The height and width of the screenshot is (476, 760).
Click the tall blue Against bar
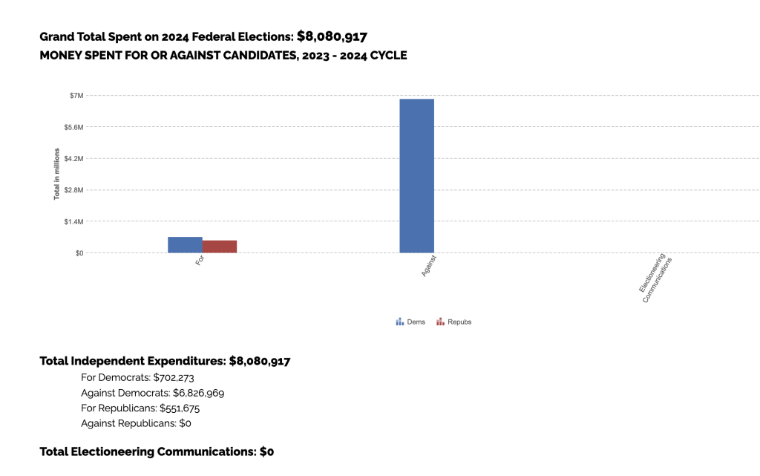(x=416, y=175)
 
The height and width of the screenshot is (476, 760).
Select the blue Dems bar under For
(x=185, y=244)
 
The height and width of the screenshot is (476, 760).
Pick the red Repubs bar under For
(x=220, y=247)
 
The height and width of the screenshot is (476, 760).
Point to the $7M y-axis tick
(x=76, y=96)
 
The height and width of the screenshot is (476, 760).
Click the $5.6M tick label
(x=73, y=127)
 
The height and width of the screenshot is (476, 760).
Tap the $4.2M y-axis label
(x=73, y=159)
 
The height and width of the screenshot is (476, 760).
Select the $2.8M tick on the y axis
(x=73, y=190)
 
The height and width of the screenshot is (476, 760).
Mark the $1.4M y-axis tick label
(x=73, y=221)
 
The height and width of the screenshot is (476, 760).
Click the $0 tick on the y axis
(x=79, y=253)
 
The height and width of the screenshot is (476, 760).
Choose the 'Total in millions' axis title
(x=56, y=175)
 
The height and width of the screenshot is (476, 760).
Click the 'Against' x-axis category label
(x=429, y=266)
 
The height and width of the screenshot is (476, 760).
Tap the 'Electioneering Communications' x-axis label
(x=655, y=278)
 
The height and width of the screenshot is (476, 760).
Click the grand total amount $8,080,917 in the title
(x=332, y=36)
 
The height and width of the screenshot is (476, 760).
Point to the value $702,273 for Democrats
(x=178, y=377)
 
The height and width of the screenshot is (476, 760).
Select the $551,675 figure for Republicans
(x=180, y=408)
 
